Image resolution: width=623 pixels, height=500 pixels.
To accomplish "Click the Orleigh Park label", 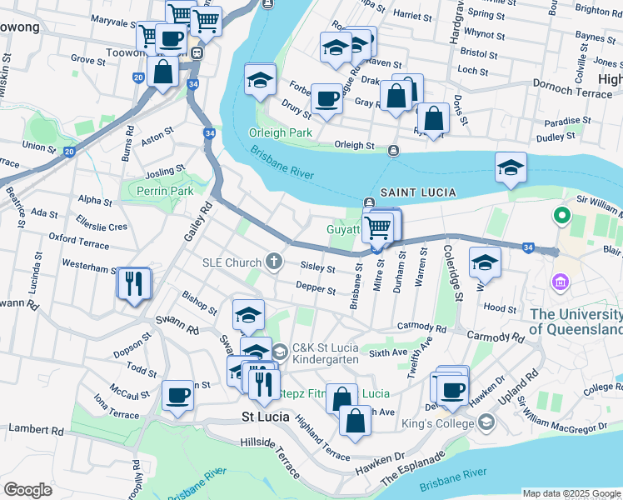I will point(280,132).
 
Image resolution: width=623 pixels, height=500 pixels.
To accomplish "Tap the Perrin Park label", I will point(166,191).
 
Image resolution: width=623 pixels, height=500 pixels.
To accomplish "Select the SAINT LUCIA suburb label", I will point(418,192).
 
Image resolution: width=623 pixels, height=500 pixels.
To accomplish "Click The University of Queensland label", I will point(576,321).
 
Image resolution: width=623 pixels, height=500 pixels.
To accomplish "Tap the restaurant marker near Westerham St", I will point(133,283).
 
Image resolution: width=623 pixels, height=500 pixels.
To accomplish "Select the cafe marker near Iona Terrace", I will point(177,394).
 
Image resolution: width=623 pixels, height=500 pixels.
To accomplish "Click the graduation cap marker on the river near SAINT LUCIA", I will point(511,167).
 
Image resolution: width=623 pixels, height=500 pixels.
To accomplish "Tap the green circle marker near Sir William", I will point(561,217).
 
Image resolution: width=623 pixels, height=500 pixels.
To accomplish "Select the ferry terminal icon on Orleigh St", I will point(393,150).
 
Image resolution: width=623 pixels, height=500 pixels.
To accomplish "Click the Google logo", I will point(27,490).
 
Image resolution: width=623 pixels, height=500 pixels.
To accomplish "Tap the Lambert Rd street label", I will point(36,430).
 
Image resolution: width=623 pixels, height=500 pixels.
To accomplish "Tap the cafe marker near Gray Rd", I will point(326,99).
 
